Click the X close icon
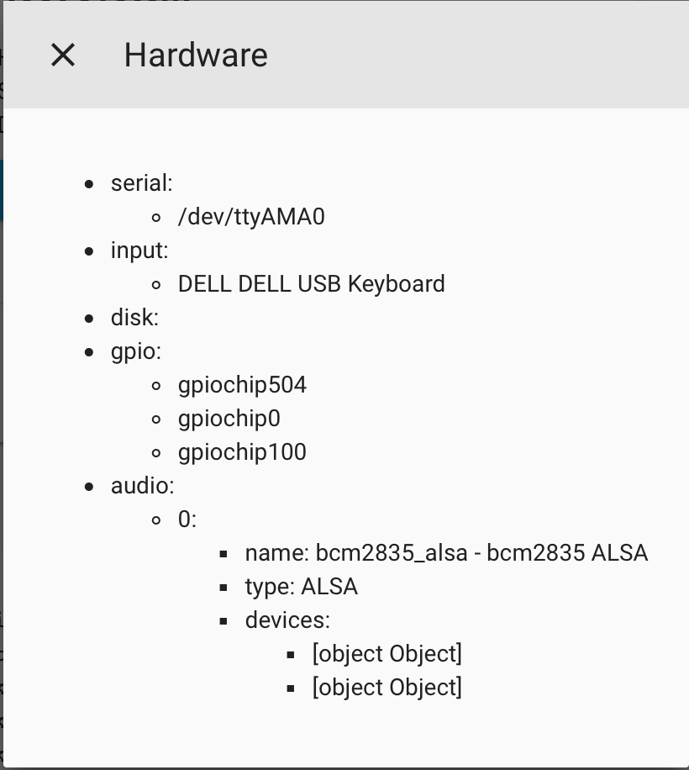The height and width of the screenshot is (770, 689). tap(63, 55)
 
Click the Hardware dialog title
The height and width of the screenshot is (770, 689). tap(196, 55)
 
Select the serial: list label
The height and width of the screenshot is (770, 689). tap(142, 183)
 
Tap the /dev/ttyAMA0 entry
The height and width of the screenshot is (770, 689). tap(251, 217)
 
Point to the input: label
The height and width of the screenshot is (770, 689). tap(139, 251)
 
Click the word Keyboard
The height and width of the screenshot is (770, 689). tap(397, 284)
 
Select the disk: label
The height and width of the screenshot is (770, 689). tap(135, 318)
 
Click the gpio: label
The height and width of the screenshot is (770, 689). tap(136, 351)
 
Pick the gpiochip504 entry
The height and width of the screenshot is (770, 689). tap(243, 385)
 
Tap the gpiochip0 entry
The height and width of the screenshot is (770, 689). tap(229, 419)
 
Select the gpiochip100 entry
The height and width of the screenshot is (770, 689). tap(243, 452)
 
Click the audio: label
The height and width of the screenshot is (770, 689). tap(142, 486)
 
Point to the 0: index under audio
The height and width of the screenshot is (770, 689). tap(187, 519)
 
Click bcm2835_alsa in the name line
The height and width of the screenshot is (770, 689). tap(392, 553)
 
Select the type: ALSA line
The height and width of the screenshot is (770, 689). tap(302, 587)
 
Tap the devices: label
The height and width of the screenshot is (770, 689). tap(287, 620)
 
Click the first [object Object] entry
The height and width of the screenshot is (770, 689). tap(387, 654)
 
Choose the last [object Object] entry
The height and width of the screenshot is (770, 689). tap(387, 688)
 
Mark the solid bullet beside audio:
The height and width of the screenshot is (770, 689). tap(89, 487)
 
